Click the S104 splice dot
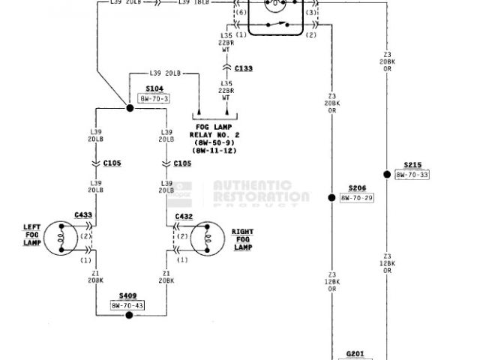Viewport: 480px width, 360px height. click(x=130, y=109)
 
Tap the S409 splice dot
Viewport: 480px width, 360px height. click(x=129, y=315)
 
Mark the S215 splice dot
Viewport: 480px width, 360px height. click(x=387, y=175)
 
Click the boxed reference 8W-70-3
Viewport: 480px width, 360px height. click(x=154, y=98)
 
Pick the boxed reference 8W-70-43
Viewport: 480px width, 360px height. click(x=129, y=305)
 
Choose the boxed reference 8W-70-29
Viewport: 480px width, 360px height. click(x=356, y=198)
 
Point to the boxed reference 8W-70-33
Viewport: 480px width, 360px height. click(x=412, y=175)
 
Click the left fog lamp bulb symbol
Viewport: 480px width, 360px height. click(x=59, y=238)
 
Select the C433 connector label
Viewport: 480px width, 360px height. click(x=83, y=215)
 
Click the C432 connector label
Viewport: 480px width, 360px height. click(x=184, y=217)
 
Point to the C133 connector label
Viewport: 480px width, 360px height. click(x=244, y=68)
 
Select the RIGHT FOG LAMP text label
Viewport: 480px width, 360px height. click(x=242, y=239)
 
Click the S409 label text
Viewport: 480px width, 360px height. click(x=128, y=296)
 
